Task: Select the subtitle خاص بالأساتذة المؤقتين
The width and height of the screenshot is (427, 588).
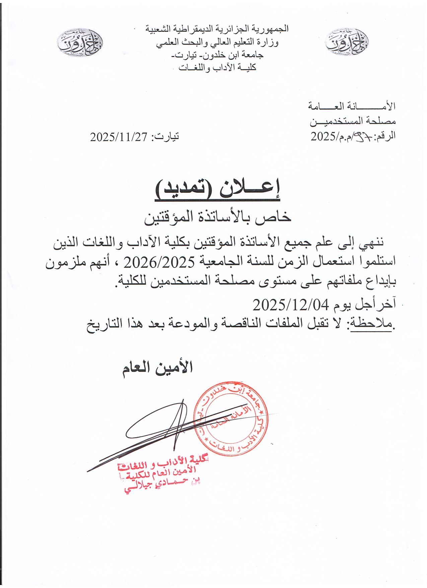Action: coord(217,218)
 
